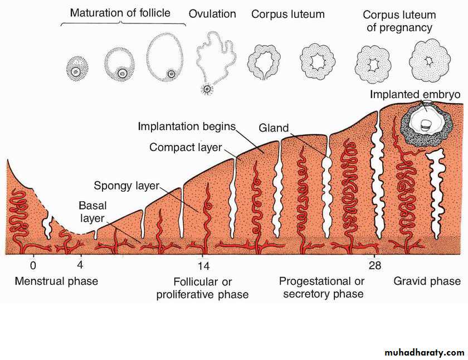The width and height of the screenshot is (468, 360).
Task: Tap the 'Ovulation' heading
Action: pyautogui.click(x=212, y=14)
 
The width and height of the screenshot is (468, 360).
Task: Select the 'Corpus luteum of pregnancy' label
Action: pyautogui.click(x=399, y=21)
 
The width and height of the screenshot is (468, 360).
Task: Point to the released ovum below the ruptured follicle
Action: pyautogui.click(x=207, y=89)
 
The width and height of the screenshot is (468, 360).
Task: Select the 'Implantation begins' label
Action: pyautogui.click(x=187, y=127)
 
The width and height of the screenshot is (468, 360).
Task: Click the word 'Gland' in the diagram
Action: pyautogui.click(x=274, y=128)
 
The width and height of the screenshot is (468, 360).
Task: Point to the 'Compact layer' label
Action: pyautogui.click(x=186, y=148)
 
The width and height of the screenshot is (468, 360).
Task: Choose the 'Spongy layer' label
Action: pyautogui.click(x=126, y=186)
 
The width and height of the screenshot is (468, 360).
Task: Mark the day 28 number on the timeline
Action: pyautogui.click(x=374, y=266)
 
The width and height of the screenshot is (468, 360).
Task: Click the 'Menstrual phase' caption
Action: pyautogui.click(x=56, y=281)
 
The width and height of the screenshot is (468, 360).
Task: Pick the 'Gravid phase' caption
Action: pyautogui.click(x=427, y=281)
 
